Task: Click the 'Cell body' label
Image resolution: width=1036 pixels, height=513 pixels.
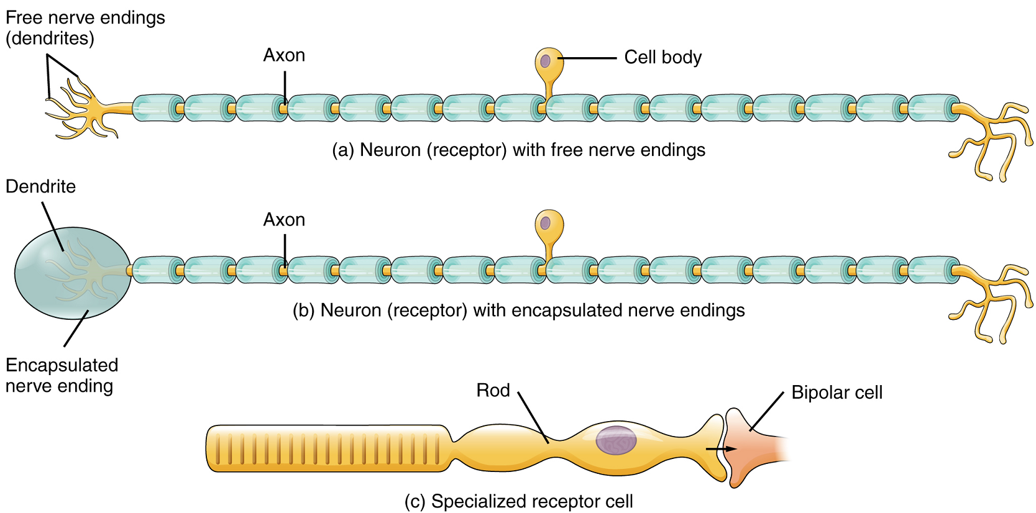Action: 662,57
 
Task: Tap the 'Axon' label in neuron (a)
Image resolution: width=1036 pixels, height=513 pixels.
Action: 284,55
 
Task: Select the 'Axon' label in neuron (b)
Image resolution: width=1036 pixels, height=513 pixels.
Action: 284,220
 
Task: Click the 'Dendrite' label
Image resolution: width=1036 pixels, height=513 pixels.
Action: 40,186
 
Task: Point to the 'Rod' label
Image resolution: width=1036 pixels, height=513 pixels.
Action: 493,390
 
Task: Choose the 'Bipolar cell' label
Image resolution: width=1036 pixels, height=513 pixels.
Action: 837,393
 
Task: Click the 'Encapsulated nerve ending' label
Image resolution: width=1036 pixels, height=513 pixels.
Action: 61,375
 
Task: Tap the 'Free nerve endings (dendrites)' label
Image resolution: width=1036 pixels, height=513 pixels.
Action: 85,28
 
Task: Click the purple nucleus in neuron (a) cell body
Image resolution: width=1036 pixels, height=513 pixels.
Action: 545,61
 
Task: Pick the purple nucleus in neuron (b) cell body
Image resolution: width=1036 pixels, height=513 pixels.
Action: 546,223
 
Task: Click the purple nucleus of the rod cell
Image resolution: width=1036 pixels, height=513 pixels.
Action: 616,440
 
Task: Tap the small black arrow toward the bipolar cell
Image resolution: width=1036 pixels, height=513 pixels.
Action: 721,448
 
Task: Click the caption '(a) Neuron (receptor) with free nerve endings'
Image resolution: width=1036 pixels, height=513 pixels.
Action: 518,150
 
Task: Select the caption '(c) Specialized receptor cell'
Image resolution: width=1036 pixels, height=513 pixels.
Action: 518,501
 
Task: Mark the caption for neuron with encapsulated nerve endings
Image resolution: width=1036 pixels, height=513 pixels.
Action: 518,311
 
